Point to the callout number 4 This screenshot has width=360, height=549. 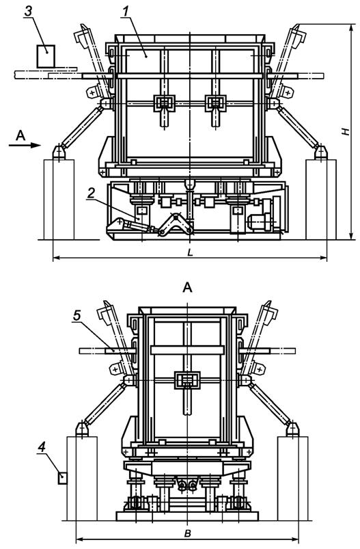click(x=43, y=448)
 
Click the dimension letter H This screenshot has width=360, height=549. click(x=346, y=131)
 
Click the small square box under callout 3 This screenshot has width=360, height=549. click(x=46, y=55)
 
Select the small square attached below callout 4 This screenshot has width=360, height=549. click(x=63, y=478)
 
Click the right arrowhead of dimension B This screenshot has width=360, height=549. click(x=299, y=539)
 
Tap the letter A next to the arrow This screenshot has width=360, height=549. click(x=20, y=136)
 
